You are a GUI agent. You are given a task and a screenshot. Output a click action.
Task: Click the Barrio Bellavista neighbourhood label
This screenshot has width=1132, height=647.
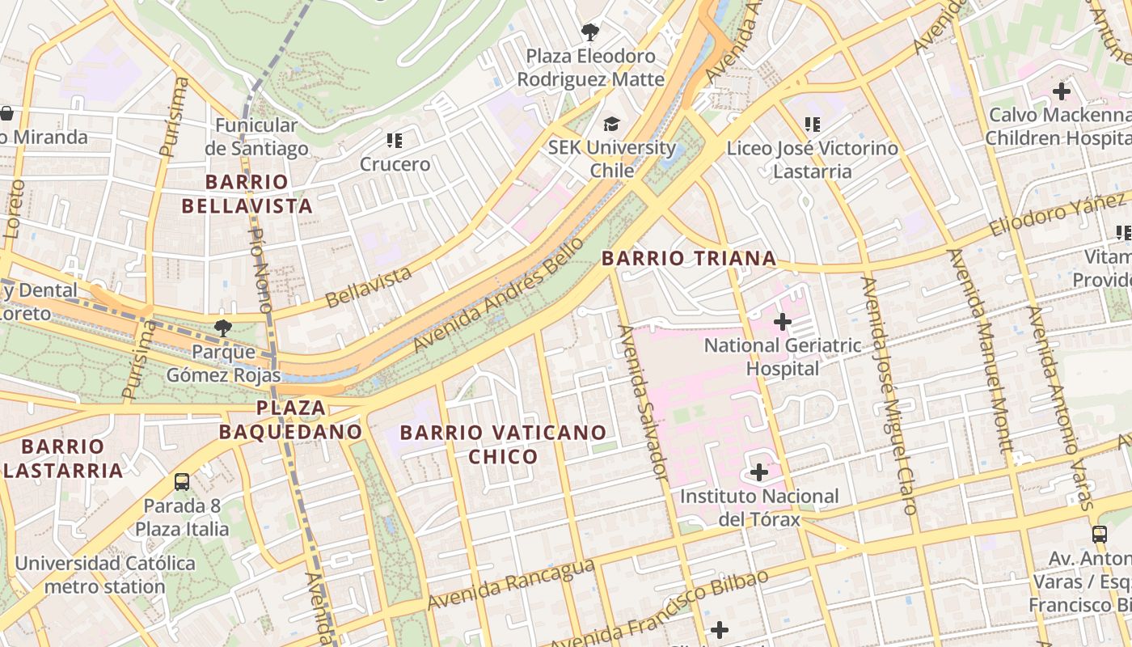click(x=247, y=193)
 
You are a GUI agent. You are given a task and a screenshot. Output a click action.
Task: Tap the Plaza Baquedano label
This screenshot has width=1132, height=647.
click(x=290, y=419)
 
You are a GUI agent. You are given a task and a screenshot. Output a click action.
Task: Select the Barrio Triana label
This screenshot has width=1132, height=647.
click(x=689, y=259)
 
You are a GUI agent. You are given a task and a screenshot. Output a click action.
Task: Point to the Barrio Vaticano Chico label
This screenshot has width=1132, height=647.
click(x=503, y=444)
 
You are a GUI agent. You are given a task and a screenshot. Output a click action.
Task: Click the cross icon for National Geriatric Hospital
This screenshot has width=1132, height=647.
click(x=782, y=322)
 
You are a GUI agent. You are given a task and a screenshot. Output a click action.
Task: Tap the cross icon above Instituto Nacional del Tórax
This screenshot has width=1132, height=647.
click(x=759, y=472)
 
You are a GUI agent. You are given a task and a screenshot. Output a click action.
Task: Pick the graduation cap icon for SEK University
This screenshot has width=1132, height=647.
click(x=611, y=124)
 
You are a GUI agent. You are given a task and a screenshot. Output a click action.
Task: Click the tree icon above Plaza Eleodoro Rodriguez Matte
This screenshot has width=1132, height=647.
click(x=590, y=32)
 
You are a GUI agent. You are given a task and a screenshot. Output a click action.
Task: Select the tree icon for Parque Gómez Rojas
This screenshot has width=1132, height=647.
click(x=222, y=328)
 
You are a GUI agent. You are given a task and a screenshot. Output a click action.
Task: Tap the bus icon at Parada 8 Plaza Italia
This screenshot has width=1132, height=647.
click(x=182, y=482)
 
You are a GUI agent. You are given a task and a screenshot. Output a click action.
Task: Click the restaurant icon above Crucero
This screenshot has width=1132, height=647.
click(x=395, y=141)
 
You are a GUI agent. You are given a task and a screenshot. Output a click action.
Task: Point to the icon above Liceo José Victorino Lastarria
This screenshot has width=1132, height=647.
click(x=813, y=125)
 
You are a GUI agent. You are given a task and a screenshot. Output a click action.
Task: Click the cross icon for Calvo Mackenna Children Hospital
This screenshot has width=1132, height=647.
click(x=1061, y=91)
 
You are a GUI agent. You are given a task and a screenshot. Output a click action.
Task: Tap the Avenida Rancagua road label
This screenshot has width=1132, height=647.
click(x=511, y=585)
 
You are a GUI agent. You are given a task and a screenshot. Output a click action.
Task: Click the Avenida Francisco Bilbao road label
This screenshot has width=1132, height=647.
click(x=659, y=608)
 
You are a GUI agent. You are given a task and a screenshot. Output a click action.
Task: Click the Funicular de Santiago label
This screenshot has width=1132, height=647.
click(x=256, y=137)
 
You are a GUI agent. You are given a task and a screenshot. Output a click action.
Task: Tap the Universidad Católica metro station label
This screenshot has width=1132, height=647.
click(x=105, y=574)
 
